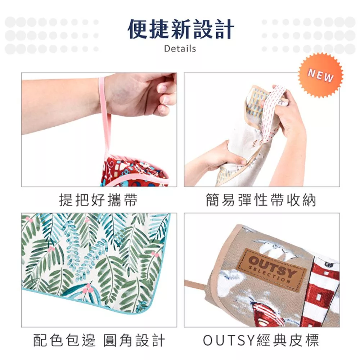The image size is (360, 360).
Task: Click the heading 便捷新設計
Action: [x=181, y=29]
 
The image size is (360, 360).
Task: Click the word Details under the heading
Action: [x=180, y=49]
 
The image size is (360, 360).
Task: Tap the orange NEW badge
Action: [x=320, y=75]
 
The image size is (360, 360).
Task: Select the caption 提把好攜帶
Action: [x=98, y=200]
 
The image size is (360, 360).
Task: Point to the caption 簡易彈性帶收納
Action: [x=261, y=200]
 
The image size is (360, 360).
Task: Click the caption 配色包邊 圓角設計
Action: [x=99, y=340]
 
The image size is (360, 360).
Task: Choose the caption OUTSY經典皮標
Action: [x=261, y=340]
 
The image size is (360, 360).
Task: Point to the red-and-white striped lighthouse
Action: [x=321, y=296]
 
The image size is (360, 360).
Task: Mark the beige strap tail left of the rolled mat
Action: [x=196, y=285]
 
